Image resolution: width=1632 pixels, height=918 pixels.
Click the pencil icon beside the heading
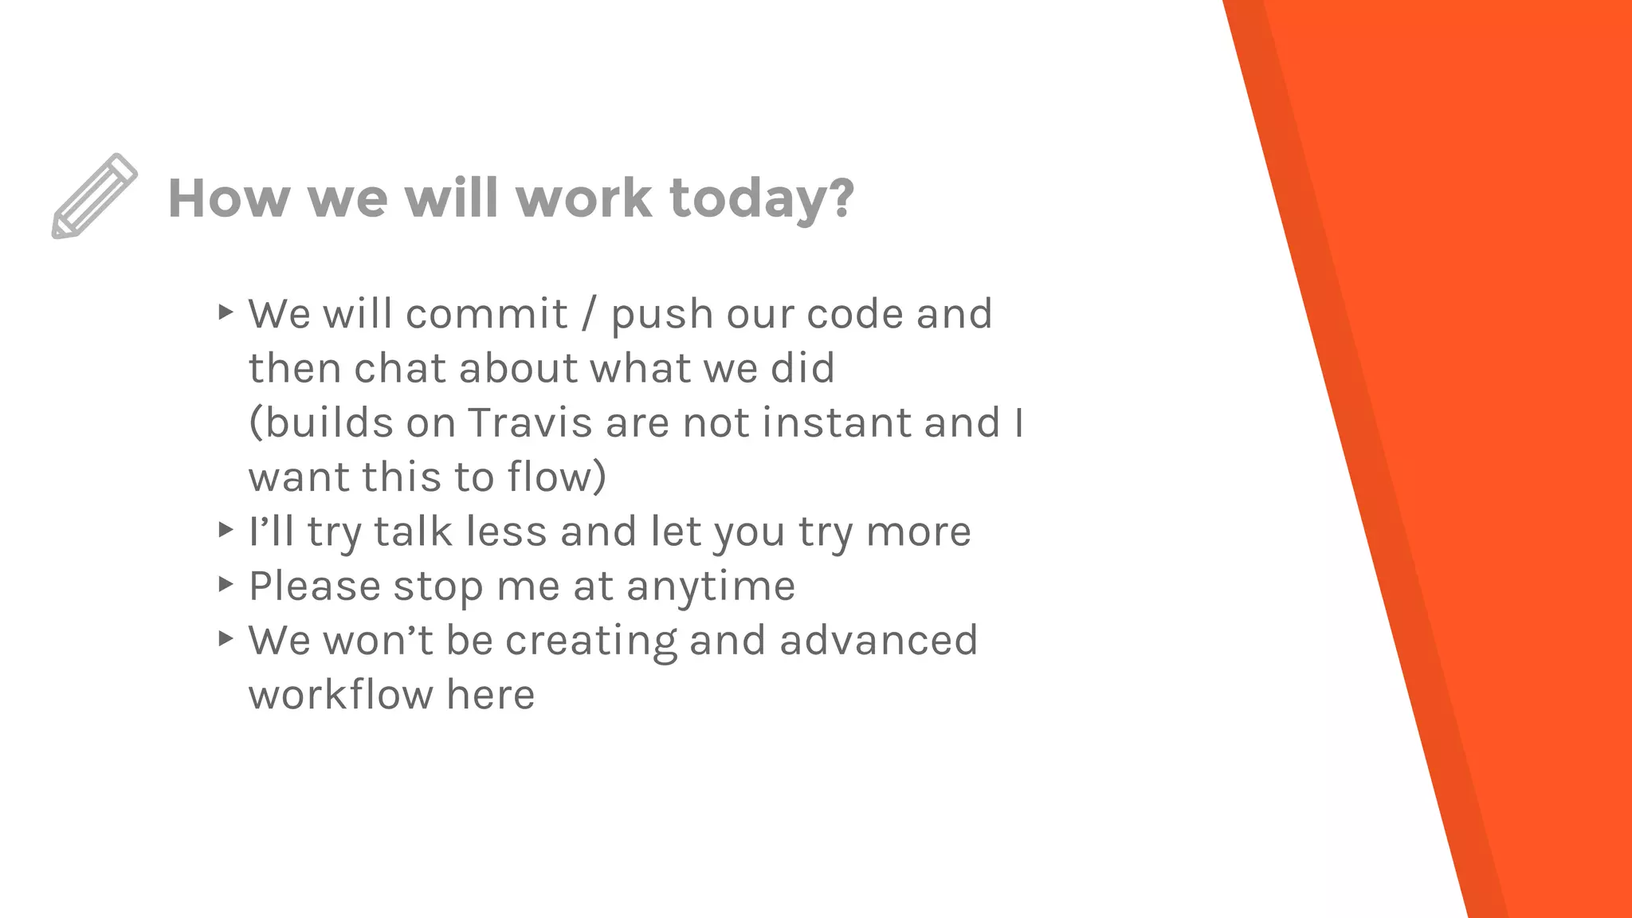point(94,196)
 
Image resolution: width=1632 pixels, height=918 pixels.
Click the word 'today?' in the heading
point(762,199)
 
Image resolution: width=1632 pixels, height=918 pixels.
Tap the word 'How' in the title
point(228,199)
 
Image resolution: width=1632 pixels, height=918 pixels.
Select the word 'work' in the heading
point(583,199)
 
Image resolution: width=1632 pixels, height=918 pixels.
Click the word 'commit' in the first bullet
point(487,314)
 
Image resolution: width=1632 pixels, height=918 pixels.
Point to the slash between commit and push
point(589,314)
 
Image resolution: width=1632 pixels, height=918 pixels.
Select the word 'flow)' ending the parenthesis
point(556,477)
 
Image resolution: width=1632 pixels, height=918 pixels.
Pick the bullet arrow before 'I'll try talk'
point(226,530)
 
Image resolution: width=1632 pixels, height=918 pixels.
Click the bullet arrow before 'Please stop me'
point(226,585)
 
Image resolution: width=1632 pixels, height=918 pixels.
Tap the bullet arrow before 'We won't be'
point(226,639)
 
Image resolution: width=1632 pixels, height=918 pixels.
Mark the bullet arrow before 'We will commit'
point(226,312)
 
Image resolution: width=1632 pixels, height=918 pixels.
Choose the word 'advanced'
point(878,641)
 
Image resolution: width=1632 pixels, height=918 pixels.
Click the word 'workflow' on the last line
point(339,695)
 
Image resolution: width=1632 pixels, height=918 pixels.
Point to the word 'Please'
point(315,586)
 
